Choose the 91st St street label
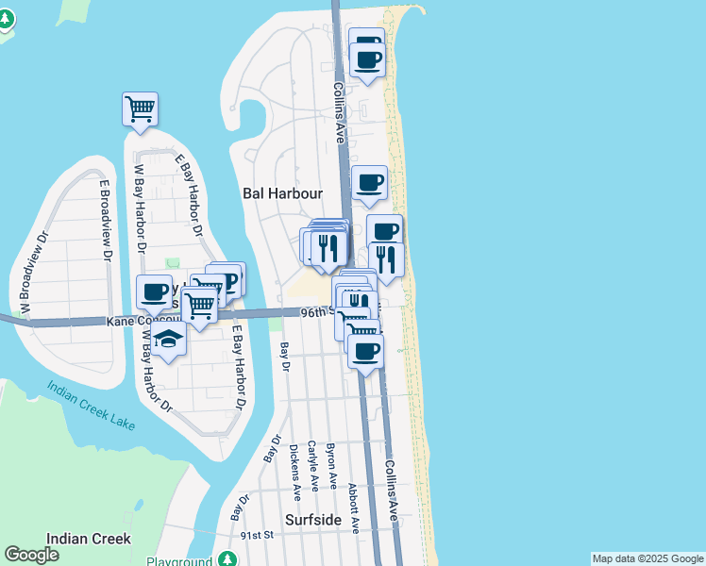256,535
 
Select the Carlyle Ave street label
312,466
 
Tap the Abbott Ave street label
355,509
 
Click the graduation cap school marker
168,340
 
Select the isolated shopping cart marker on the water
140,108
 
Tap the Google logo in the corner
31,555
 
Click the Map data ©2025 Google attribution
647,558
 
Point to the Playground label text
178,561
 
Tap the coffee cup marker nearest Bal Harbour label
369,182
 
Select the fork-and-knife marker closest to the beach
387,258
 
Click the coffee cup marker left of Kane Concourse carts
153,291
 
